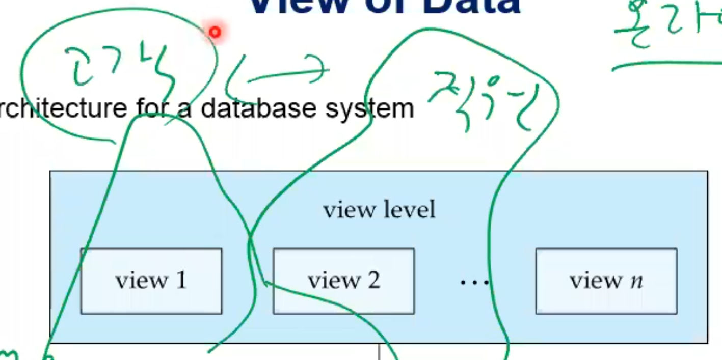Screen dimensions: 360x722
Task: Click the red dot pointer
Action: tap(215, 33)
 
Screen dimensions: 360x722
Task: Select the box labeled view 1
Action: tap(151, 281)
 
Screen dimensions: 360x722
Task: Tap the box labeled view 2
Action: tap(343, 281)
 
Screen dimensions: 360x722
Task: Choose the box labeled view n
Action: tap(606, 281)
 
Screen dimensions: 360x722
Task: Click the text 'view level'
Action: tap(380, 210)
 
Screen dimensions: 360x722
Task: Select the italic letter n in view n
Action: tap(636, 282)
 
